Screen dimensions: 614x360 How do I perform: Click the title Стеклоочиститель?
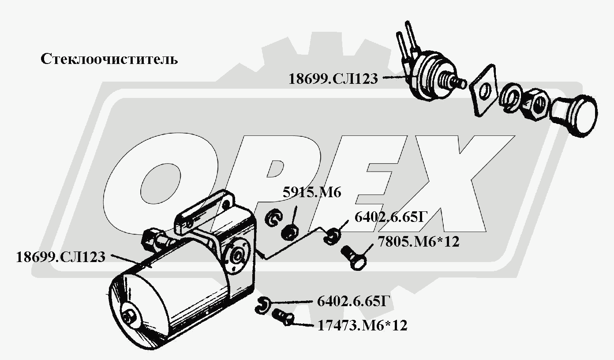point(109,59)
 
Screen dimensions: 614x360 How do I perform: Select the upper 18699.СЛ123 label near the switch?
point(333,79)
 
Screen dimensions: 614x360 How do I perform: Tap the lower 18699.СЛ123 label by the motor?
point(60,257)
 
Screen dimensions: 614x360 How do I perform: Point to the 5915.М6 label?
point(312,192)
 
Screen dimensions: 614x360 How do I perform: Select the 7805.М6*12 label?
point(419,242)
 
